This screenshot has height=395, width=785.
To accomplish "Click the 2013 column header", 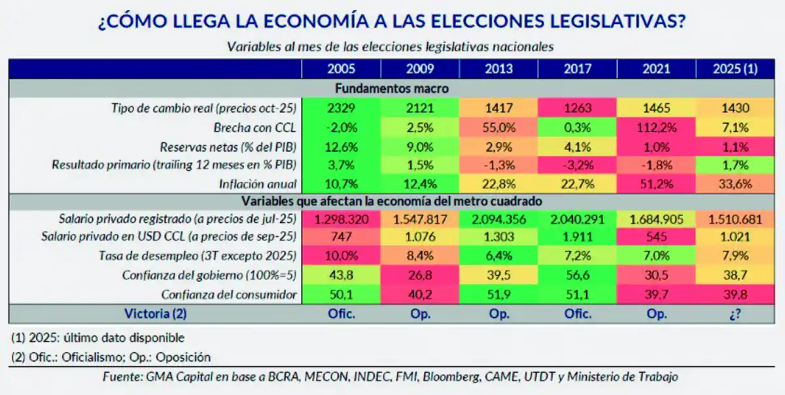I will tap(499, 69).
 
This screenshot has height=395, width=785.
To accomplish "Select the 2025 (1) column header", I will tap(736, 69).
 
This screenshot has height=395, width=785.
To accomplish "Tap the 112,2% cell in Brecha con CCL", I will tap(657, 126).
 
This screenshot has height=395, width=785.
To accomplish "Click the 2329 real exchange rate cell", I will tap(341, 107).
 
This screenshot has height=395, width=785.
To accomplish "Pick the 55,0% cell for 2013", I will tap(499, 126).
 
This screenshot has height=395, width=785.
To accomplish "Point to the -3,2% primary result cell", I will tap(578, 164).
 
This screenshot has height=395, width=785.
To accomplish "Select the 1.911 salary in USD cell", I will tap(578, 237).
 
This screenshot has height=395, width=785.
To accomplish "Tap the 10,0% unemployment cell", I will tap(341, 256).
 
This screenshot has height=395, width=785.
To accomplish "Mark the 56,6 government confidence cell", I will tap(578, 275).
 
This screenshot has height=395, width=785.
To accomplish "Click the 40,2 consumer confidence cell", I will tap(420, 294).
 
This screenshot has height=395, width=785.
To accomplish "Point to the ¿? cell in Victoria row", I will tap(736, 313).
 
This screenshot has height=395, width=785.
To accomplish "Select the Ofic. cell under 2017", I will tap(578, 313).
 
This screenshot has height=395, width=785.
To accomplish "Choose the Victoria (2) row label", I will tap(155, 313).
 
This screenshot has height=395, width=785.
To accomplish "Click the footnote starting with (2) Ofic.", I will tap(111, 357).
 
